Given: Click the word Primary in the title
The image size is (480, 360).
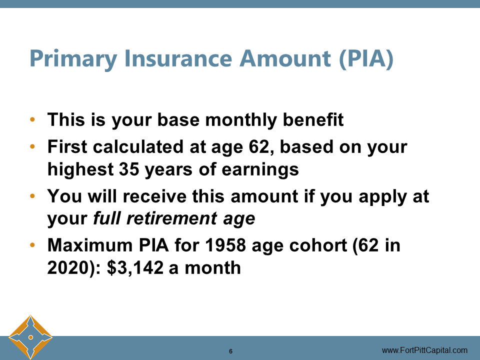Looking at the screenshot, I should click(x=73, y=58).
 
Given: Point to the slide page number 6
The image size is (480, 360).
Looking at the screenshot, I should click(x=230, y=351).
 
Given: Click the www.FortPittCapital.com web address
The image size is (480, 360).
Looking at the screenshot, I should click(x=424, y=350).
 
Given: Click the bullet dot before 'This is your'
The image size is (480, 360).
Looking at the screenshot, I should click(x=32, y=120).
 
